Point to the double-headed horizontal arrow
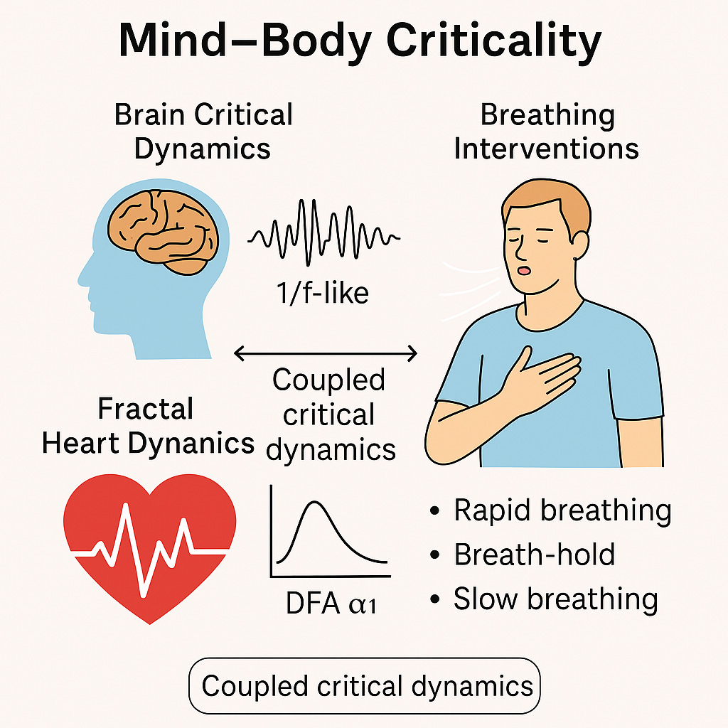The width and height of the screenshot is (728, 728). click(326, 352)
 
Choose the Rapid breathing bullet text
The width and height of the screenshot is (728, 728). click(562, 510)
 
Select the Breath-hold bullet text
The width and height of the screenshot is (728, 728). click(534, 555)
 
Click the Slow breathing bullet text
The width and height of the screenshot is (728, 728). click(555, 599)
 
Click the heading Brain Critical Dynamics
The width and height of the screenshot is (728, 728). click(203, 132)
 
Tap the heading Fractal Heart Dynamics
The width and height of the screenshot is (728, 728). click(147, 427)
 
